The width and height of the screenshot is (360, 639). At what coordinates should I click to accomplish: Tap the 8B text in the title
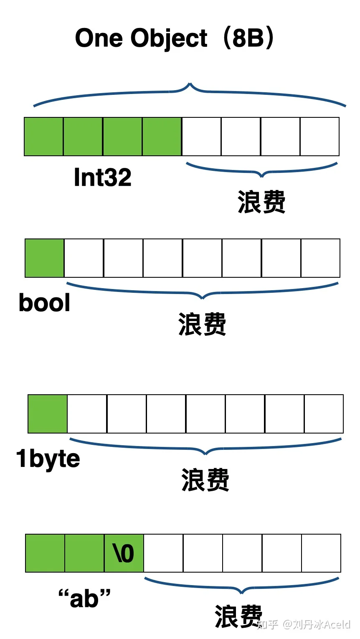(x=248, y=38)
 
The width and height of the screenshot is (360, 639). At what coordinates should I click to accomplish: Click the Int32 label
(x=102, y=177)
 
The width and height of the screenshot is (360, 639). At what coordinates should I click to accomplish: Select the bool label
(x=45, y=303)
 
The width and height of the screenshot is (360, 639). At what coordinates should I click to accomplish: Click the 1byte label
(x=48, y=459)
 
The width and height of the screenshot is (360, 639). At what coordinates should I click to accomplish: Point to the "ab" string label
(x=84, y=598)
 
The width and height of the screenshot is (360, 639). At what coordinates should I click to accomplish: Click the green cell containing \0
(x=124, y=553)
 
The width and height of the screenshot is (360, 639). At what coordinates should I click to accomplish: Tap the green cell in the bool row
(x=45, y=258)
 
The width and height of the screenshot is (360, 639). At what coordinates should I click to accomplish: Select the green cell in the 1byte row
(x=48, y=414)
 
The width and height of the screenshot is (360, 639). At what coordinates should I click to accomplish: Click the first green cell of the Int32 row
(x=44, y=137)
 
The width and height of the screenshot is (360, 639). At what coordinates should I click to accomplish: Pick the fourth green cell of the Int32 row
(x=162, y=137)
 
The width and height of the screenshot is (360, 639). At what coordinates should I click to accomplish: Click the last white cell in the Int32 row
(x=320, y=137)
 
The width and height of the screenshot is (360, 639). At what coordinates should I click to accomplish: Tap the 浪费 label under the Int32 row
(x=261, y=202)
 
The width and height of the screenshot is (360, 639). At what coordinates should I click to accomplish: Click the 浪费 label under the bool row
(x=202, y=324)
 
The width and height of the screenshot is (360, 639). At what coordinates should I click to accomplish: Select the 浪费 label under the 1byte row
(x=205, y=480)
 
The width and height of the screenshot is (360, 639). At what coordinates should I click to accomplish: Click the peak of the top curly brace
(x=190, y=84)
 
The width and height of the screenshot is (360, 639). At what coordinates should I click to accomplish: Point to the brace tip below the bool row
(x=202, y=298)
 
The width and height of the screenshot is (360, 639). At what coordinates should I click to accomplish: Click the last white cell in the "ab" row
(x=321, y=553)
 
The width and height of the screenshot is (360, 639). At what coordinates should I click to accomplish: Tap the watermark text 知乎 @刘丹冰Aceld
(x=304, y=625)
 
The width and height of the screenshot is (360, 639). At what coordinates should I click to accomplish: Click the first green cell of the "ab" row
(x=45, y=553)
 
